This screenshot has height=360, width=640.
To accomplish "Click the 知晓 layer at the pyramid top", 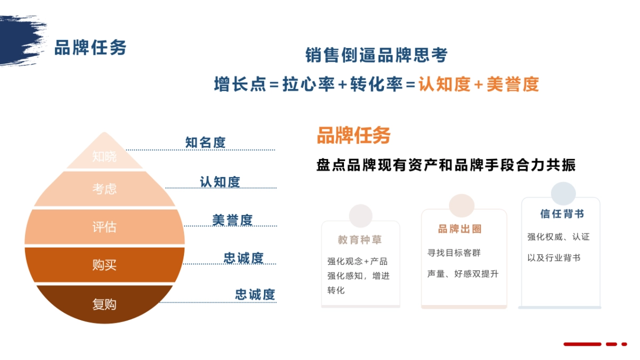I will tap(105, 156).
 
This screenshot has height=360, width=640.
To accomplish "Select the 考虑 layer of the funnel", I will tap(105, 189).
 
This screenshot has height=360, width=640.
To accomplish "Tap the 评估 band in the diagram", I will tap(105, 227).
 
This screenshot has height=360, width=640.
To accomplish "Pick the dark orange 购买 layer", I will tap(105, 265).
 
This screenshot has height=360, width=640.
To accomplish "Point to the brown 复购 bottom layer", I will tap(105, 304).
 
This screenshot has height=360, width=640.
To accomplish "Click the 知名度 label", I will tap(205, 142).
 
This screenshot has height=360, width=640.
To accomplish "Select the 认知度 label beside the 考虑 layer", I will tap(220, 182).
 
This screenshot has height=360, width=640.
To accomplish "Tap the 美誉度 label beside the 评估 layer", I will tap(232, 220).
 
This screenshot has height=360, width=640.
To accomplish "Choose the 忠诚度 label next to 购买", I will tap(244, 258).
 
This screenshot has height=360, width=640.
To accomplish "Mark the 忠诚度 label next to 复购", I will tap(255, 294).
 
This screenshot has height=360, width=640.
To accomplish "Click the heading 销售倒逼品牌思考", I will tap(376, 55).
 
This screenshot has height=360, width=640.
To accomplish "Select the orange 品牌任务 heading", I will tap(354, 135).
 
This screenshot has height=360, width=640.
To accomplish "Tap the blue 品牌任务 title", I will tap(90, 47).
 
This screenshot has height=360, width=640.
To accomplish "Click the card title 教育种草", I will tap(360, 240).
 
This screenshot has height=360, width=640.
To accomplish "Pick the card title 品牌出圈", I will tap(460, 229).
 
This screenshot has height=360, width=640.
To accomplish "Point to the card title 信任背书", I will tap(562, 214).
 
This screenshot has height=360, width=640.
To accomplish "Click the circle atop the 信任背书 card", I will tap(563, 194).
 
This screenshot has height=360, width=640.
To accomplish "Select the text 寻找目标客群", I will tap(454, 253).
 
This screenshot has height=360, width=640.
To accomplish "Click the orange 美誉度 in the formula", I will tap(513, 84).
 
